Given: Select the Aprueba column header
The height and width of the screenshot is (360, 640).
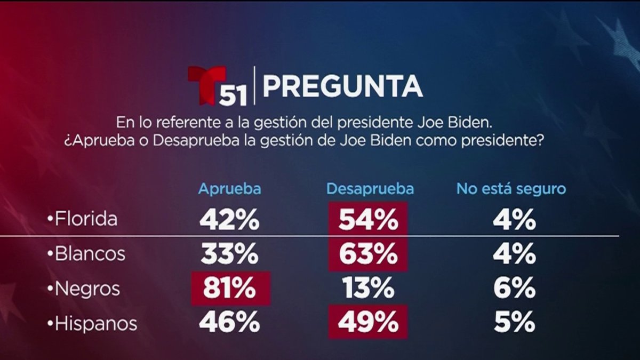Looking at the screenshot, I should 229,189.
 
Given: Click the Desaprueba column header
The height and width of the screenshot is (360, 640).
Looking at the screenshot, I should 370,189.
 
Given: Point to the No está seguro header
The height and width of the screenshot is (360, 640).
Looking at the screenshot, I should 511,189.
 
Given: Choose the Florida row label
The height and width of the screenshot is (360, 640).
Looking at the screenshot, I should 86,219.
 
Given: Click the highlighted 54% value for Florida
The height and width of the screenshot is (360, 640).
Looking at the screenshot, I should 368,219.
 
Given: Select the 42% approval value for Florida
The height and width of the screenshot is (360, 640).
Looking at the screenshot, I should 230,219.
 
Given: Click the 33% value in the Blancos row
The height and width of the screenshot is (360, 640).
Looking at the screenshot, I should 230,254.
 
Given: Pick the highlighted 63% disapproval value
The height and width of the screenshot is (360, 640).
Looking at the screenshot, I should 368,254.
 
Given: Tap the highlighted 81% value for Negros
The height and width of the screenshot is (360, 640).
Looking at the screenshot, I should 230,289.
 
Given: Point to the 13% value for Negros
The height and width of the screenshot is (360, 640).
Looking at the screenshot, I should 368,289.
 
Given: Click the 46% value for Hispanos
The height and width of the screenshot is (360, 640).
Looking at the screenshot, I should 230,323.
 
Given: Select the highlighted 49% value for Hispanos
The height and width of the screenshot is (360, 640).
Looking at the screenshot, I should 368,323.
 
